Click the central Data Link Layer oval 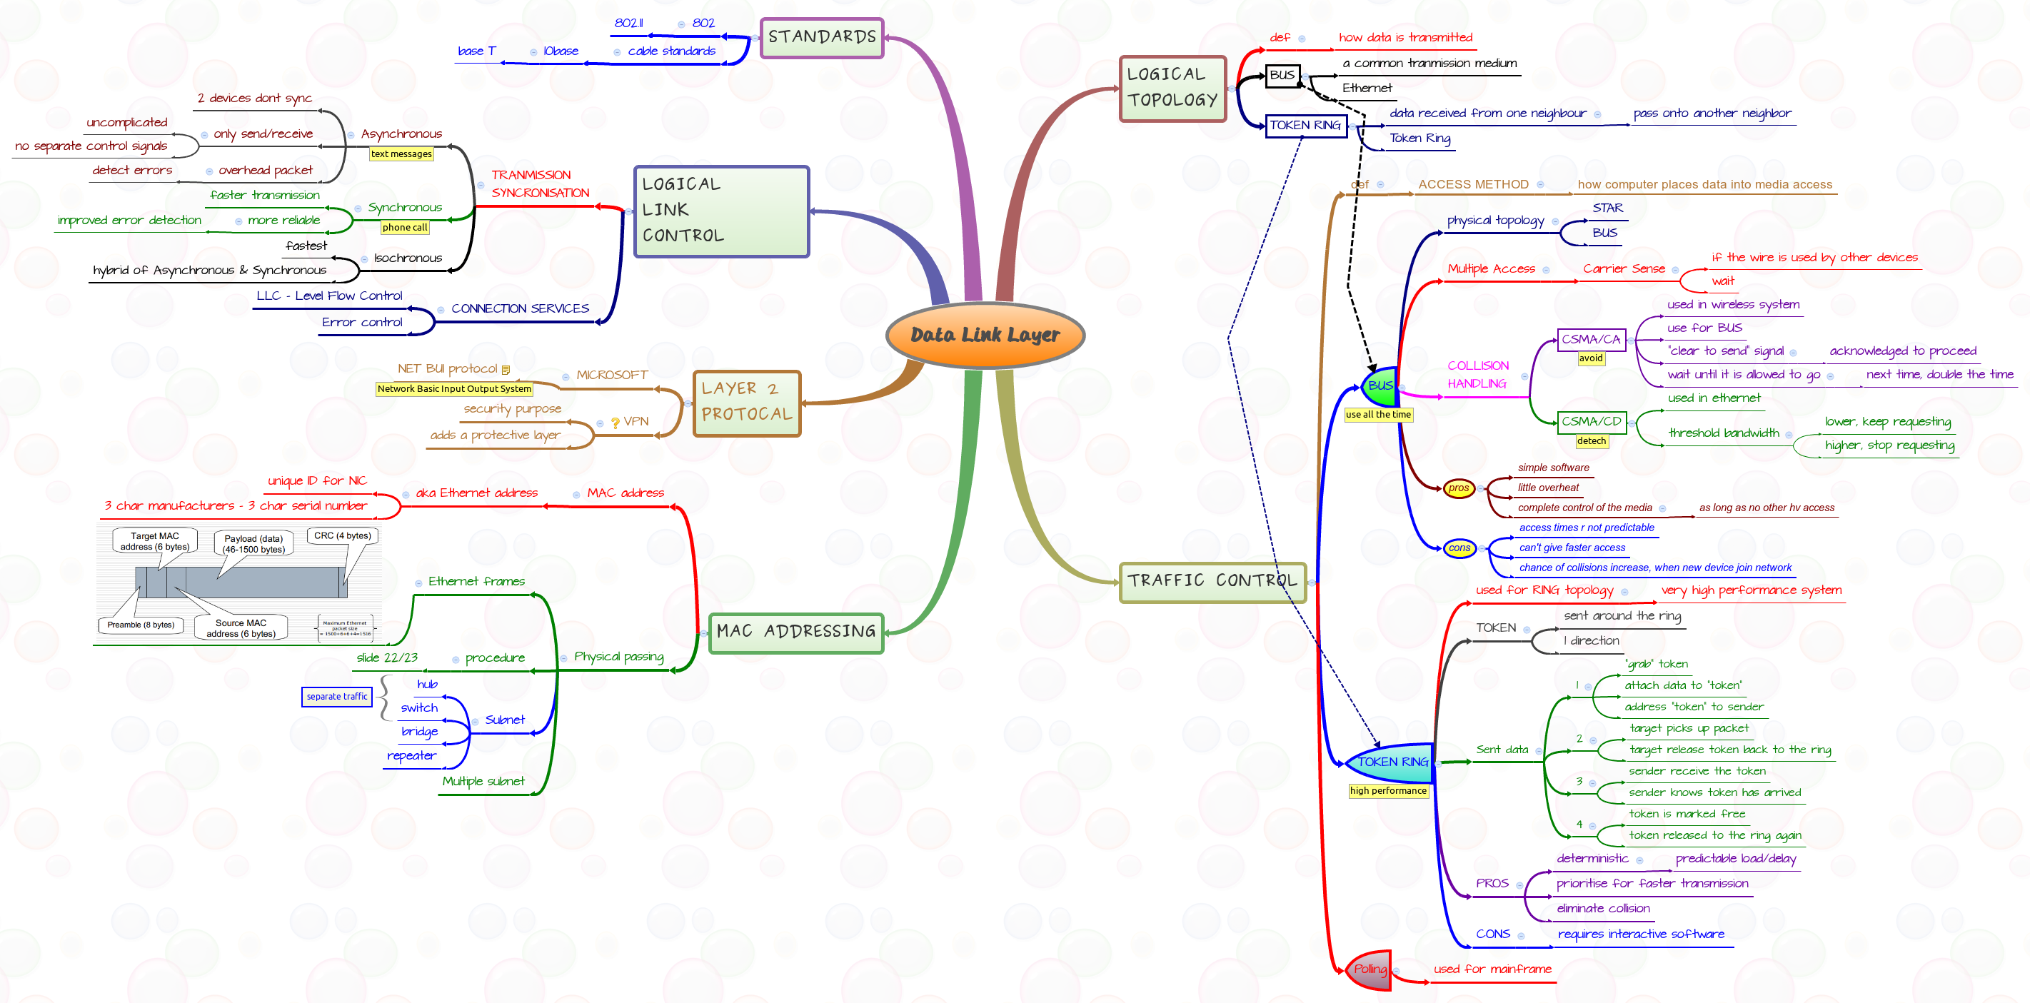click(x=985, y=335)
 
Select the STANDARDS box click(x=821, y=38)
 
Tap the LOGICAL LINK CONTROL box click(x=721, y=211)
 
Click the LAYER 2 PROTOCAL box click(x=746, y=402)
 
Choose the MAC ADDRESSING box click(x=796, y=632)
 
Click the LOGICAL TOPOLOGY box click(x=1172, y=88)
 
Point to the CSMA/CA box click(x=1591, y=340)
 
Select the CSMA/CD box click(x=1591, y=421)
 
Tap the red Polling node click(x=1370, y=969)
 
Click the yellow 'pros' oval click(x=1459, y=488)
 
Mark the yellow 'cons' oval click(x=1459, y=548)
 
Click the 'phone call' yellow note click(x=404, y=228)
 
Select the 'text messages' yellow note click(x=401, y=153)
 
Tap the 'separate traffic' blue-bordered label click(x=336, y=697)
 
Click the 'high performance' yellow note click(x=1388, y=790)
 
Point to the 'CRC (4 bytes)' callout click(x=342, y=536)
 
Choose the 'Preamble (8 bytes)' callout click(x=141, y=625)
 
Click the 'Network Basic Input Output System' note click(x=454, y=388)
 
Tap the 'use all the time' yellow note click(x=1377, y=415)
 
